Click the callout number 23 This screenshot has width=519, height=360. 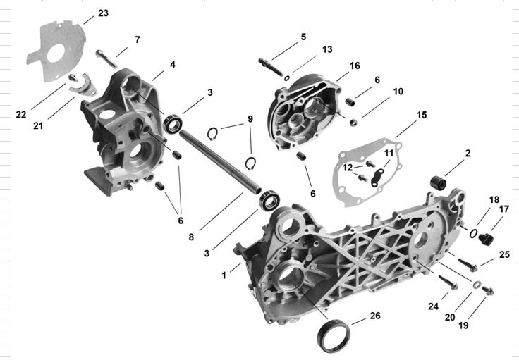103,13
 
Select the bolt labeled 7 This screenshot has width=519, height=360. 106,58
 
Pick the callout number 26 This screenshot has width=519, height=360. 375,316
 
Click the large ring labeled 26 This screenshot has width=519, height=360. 333,335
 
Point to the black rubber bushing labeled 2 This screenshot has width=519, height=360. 438,182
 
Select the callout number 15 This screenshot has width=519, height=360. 422,115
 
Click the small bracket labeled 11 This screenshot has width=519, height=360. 378,177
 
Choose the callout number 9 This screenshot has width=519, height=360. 250,118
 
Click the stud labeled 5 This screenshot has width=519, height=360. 270,67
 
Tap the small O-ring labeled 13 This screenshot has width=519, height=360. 287,78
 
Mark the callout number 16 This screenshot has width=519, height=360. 355,66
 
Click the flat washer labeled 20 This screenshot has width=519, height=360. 477,285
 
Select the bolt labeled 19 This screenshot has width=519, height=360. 488,290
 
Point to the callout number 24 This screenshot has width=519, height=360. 433,306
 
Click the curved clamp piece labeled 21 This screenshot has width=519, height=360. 83,87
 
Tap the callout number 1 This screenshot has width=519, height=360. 224,275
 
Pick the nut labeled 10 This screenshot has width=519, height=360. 353,123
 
